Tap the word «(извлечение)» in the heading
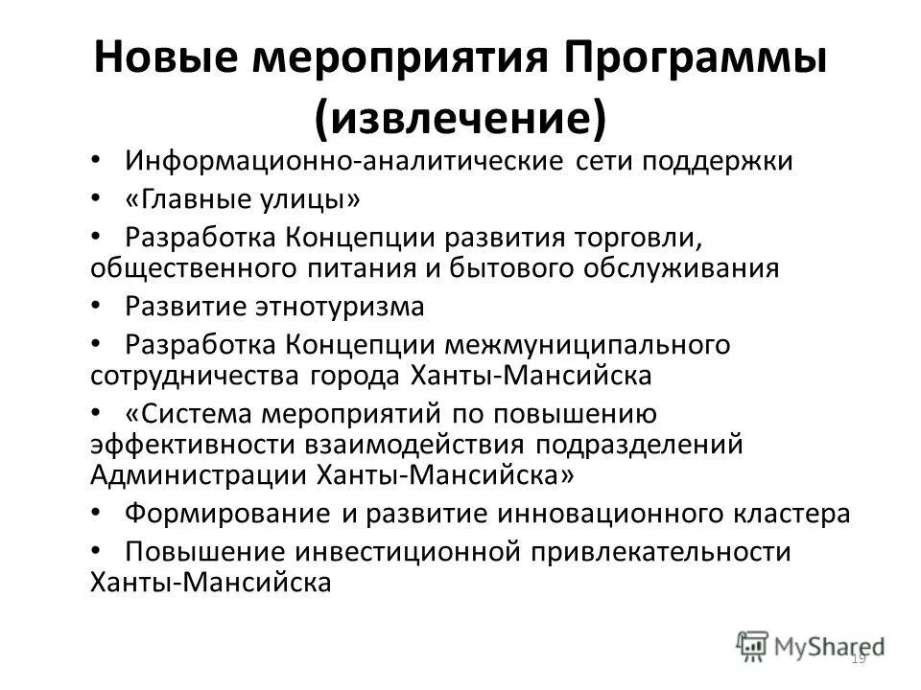[x=460, y=117]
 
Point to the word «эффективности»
[x=193, y=446]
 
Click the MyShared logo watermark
[x=812, y=645]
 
